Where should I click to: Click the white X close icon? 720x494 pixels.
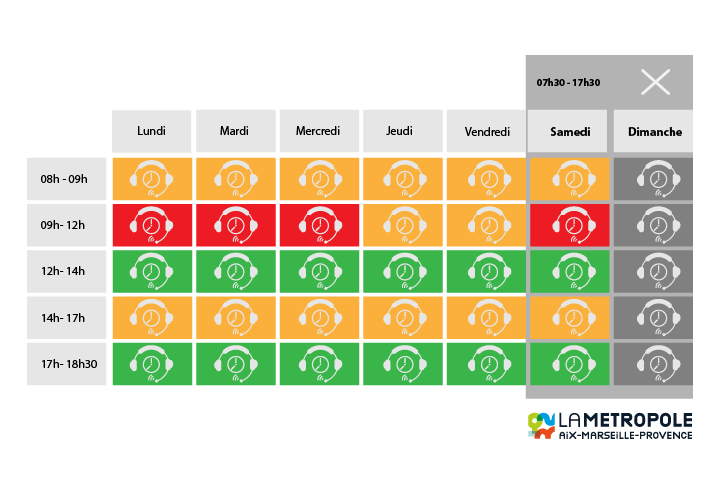pyautogui.click(x=655, y=82)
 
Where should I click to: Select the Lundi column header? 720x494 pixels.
pyautogui.click(x=151, y=131)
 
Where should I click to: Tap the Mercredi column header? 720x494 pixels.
pyautogui.click(x=318, y=131)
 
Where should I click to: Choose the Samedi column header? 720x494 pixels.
pyautogui.click(x=570, y=131)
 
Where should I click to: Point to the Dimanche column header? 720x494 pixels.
pyautogui.click(x=655, y=131)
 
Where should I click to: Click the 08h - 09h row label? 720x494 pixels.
pyautogui.click(x=65, y=179)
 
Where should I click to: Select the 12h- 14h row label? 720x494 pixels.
pyautogui.click(x=65, y=271)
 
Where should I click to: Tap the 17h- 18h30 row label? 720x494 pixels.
pyautogui.click(x=65, y=363)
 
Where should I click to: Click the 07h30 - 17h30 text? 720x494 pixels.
pyautogui.click(x=568, y=82)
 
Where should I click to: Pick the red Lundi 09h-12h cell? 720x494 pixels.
pyautogui.click(x=151, y=225)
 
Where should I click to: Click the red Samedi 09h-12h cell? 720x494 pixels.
pyautogui.click(x=570, y=225)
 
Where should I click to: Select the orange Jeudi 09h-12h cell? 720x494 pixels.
pyautogui.click(x=402, y=225)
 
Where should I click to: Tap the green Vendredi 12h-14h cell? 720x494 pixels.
pyautogui.click(x=486, y=271)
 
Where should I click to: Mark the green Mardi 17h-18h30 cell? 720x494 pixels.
pyautogui.click(x=235, y=363)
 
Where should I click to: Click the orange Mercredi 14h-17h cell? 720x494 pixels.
pyautogui.click(x=318, y=317)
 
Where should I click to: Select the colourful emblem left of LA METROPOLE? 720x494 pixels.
pyautogui.click(x=541, y=425)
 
